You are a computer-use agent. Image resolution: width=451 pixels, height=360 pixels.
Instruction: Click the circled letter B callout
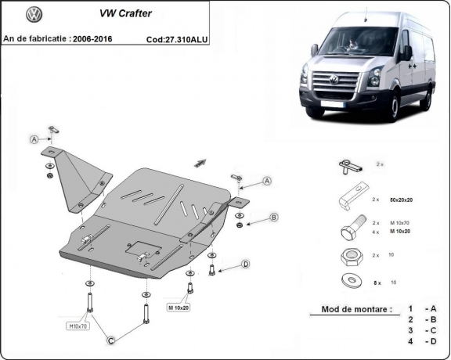coord(274,217)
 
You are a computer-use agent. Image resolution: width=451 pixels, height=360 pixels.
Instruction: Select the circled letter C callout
coord(112,339)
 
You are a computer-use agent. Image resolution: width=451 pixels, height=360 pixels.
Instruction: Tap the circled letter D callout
coord(245,265)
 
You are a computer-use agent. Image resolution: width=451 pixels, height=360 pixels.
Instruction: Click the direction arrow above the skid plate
coord(200,163)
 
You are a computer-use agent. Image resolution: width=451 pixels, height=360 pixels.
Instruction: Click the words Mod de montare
coord(356,310)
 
